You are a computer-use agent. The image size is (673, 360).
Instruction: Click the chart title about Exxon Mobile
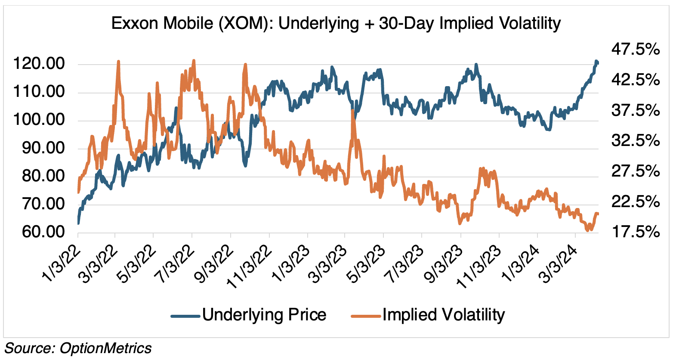click(x=336, y=23)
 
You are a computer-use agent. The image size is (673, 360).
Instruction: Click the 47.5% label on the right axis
click(x=635, y=50)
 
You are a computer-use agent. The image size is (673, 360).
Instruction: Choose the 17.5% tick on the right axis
click(x=635, y=232)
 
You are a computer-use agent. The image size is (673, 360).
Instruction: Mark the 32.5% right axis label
click(x=635, y=141)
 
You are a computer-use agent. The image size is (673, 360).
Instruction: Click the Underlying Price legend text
click(x=264, y=315)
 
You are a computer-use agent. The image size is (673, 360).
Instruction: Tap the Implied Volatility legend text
click(x=443, y=315)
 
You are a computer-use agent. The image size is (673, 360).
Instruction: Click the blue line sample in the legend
click(x=186, y=316)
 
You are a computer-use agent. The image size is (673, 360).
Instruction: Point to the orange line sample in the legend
click(x=366, y=316)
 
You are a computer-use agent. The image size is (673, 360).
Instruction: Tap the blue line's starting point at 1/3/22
click(x=78, y=223)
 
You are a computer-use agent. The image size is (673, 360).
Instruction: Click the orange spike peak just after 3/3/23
click(x=353, y=111)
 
